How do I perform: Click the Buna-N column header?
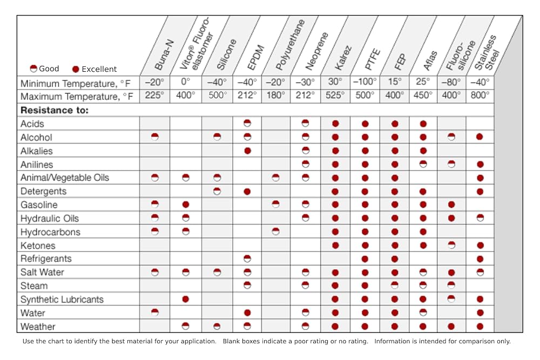click(x=164, y=55)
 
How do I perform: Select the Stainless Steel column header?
click(x=487, y=52)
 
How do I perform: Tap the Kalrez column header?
click(x=343, y=57)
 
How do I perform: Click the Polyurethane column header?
click(x=291, y=45)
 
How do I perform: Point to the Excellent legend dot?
click(x=76, y=69)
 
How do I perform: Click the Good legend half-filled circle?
click(x=33, y=69)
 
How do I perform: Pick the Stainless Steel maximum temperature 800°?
click(x=480, y=95)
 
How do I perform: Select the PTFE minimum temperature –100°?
click(x=364, y=82)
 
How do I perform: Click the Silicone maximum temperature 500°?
click(x=217, y=95)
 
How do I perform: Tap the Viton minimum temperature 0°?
click(x=185, y=82)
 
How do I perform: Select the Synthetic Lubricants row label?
click(x=62, y=300)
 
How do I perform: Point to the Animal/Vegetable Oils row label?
click(x=65, y=178)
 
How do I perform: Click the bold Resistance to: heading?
click(x=55, y=110)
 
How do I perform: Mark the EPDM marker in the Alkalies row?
click(x=247, y=151)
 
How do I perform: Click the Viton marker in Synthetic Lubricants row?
click(x=185, y=299)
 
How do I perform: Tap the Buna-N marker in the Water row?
click(x=155, y=313)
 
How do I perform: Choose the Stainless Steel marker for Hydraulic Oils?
click(x=480, y=218)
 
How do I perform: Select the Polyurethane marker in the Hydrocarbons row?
click(x=275, y=232)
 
